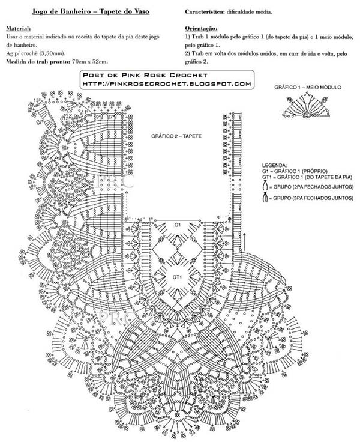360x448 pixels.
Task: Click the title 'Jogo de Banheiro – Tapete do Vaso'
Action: [91, 12]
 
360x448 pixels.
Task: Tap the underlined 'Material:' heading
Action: [18, 29]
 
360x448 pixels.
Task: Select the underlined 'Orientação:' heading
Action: [201, 29]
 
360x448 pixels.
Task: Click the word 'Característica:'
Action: [205, 12]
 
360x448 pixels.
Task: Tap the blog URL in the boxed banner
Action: [167, 84]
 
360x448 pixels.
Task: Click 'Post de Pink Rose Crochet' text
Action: [145, 76]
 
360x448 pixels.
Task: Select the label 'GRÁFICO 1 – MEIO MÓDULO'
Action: [308, 88]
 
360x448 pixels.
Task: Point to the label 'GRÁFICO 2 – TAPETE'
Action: [176, 136]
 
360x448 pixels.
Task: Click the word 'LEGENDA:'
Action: [275, 165]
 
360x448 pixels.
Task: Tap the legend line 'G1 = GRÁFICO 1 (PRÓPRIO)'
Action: [295, 171]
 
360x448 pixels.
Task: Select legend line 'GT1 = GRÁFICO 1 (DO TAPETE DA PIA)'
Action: [307, 177]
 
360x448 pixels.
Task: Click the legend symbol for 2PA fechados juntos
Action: [265, 187]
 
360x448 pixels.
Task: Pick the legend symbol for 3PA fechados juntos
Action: [265, 198]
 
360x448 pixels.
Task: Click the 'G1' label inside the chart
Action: [178, 225]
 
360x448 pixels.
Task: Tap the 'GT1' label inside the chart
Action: [177, 277]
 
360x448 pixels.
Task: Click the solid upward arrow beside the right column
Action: [245, 242]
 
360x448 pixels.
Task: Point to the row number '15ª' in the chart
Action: [37, 100]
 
